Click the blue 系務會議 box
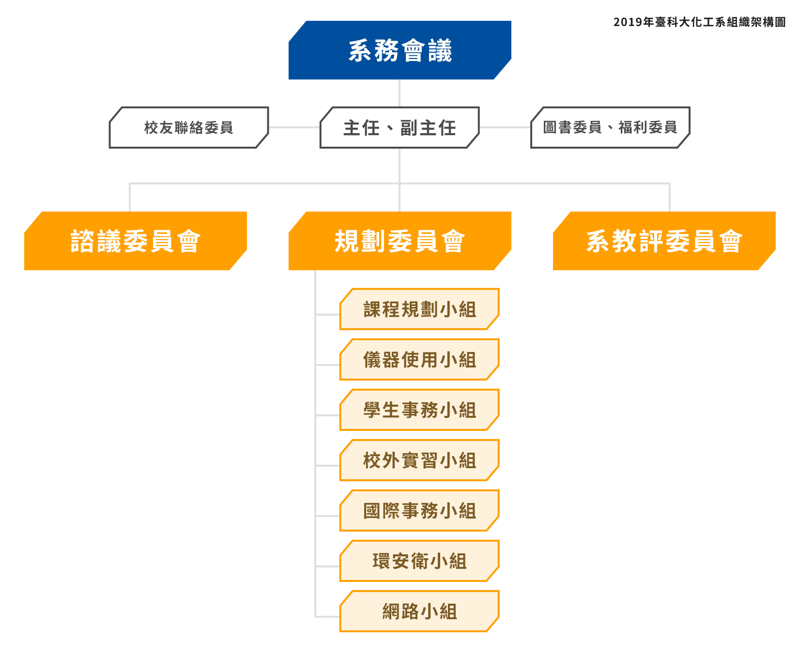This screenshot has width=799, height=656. click(x=399, y=50)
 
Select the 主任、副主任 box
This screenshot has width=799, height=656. click(x=399, y=128)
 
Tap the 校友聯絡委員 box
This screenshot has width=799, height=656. click(x=189, y=128)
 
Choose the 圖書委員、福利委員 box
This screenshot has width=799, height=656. click(x=610, y=128)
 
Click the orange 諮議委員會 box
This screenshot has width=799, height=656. click(x=135, y=241)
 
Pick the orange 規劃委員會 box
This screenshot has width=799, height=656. click(x=399, y=241)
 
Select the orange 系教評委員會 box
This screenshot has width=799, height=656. click(x=664, y=241)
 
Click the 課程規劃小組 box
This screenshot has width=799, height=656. click(x=419, y=309)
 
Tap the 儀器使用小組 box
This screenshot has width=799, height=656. click(x=419, y=360)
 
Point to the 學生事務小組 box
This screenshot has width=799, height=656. click(x=419, y=410)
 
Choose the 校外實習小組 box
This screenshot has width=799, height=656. click(x=419, y=460)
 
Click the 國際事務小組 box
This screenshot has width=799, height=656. click(x=419, y=511)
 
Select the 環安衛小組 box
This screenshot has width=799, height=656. click(x=419, y=561)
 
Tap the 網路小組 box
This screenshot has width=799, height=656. click(x=419, y=611)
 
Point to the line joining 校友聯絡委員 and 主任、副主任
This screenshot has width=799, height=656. click(x=294, y=127)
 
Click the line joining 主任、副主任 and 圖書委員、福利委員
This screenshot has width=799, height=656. click(x=505, y=127)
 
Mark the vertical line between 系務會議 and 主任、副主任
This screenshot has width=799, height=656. click(x=399, y=93)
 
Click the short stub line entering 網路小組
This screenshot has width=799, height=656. click(x=328, y=617)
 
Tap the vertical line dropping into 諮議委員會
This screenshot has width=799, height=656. click(x=130, y=198)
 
